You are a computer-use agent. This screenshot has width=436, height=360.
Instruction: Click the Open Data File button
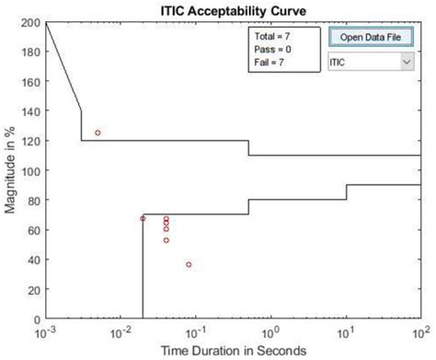[x=371, y=37]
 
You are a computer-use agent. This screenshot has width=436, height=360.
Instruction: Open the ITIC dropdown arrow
[x=407, y=62]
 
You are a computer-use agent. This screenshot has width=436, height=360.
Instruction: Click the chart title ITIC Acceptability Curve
[x=234, y=11]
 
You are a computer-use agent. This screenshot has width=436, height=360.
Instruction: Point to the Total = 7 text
[x=272, y=36]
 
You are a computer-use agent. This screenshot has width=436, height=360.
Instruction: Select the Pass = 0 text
[x=272, y=50]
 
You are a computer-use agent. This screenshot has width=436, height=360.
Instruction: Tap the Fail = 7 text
[x=269, y=63]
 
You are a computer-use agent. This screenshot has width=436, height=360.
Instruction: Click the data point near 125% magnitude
[x=98, y=133]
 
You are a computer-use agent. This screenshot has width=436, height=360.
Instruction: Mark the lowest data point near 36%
[x=189, y=264]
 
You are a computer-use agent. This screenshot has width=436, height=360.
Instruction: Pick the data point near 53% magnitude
[x=166, y=240]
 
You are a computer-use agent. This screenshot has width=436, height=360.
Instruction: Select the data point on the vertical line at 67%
[x=143, y=218]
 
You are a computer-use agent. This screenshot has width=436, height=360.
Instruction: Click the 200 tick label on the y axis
[x=30, y=22]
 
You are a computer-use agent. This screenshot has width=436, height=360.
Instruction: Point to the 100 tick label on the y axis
[x=30, y=170]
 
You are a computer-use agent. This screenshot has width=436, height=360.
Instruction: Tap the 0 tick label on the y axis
[x=37, y=319]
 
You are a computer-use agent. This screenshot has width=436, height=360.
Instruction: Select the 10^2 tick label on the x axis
[x=420, y=333]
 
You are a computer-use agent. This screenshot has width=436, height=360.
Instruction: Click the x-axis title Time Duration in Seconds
[x=234, y=351]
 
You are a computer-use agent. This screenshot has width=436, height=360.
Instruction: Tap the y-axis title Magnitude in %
[x=9, y=170]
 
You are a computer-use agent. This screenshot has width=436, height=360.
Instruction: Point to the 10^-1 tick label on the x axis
[x=196, y=333]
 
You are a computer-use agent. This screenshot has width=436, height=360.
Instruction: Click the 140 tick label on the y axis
[x=30, y=111]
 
